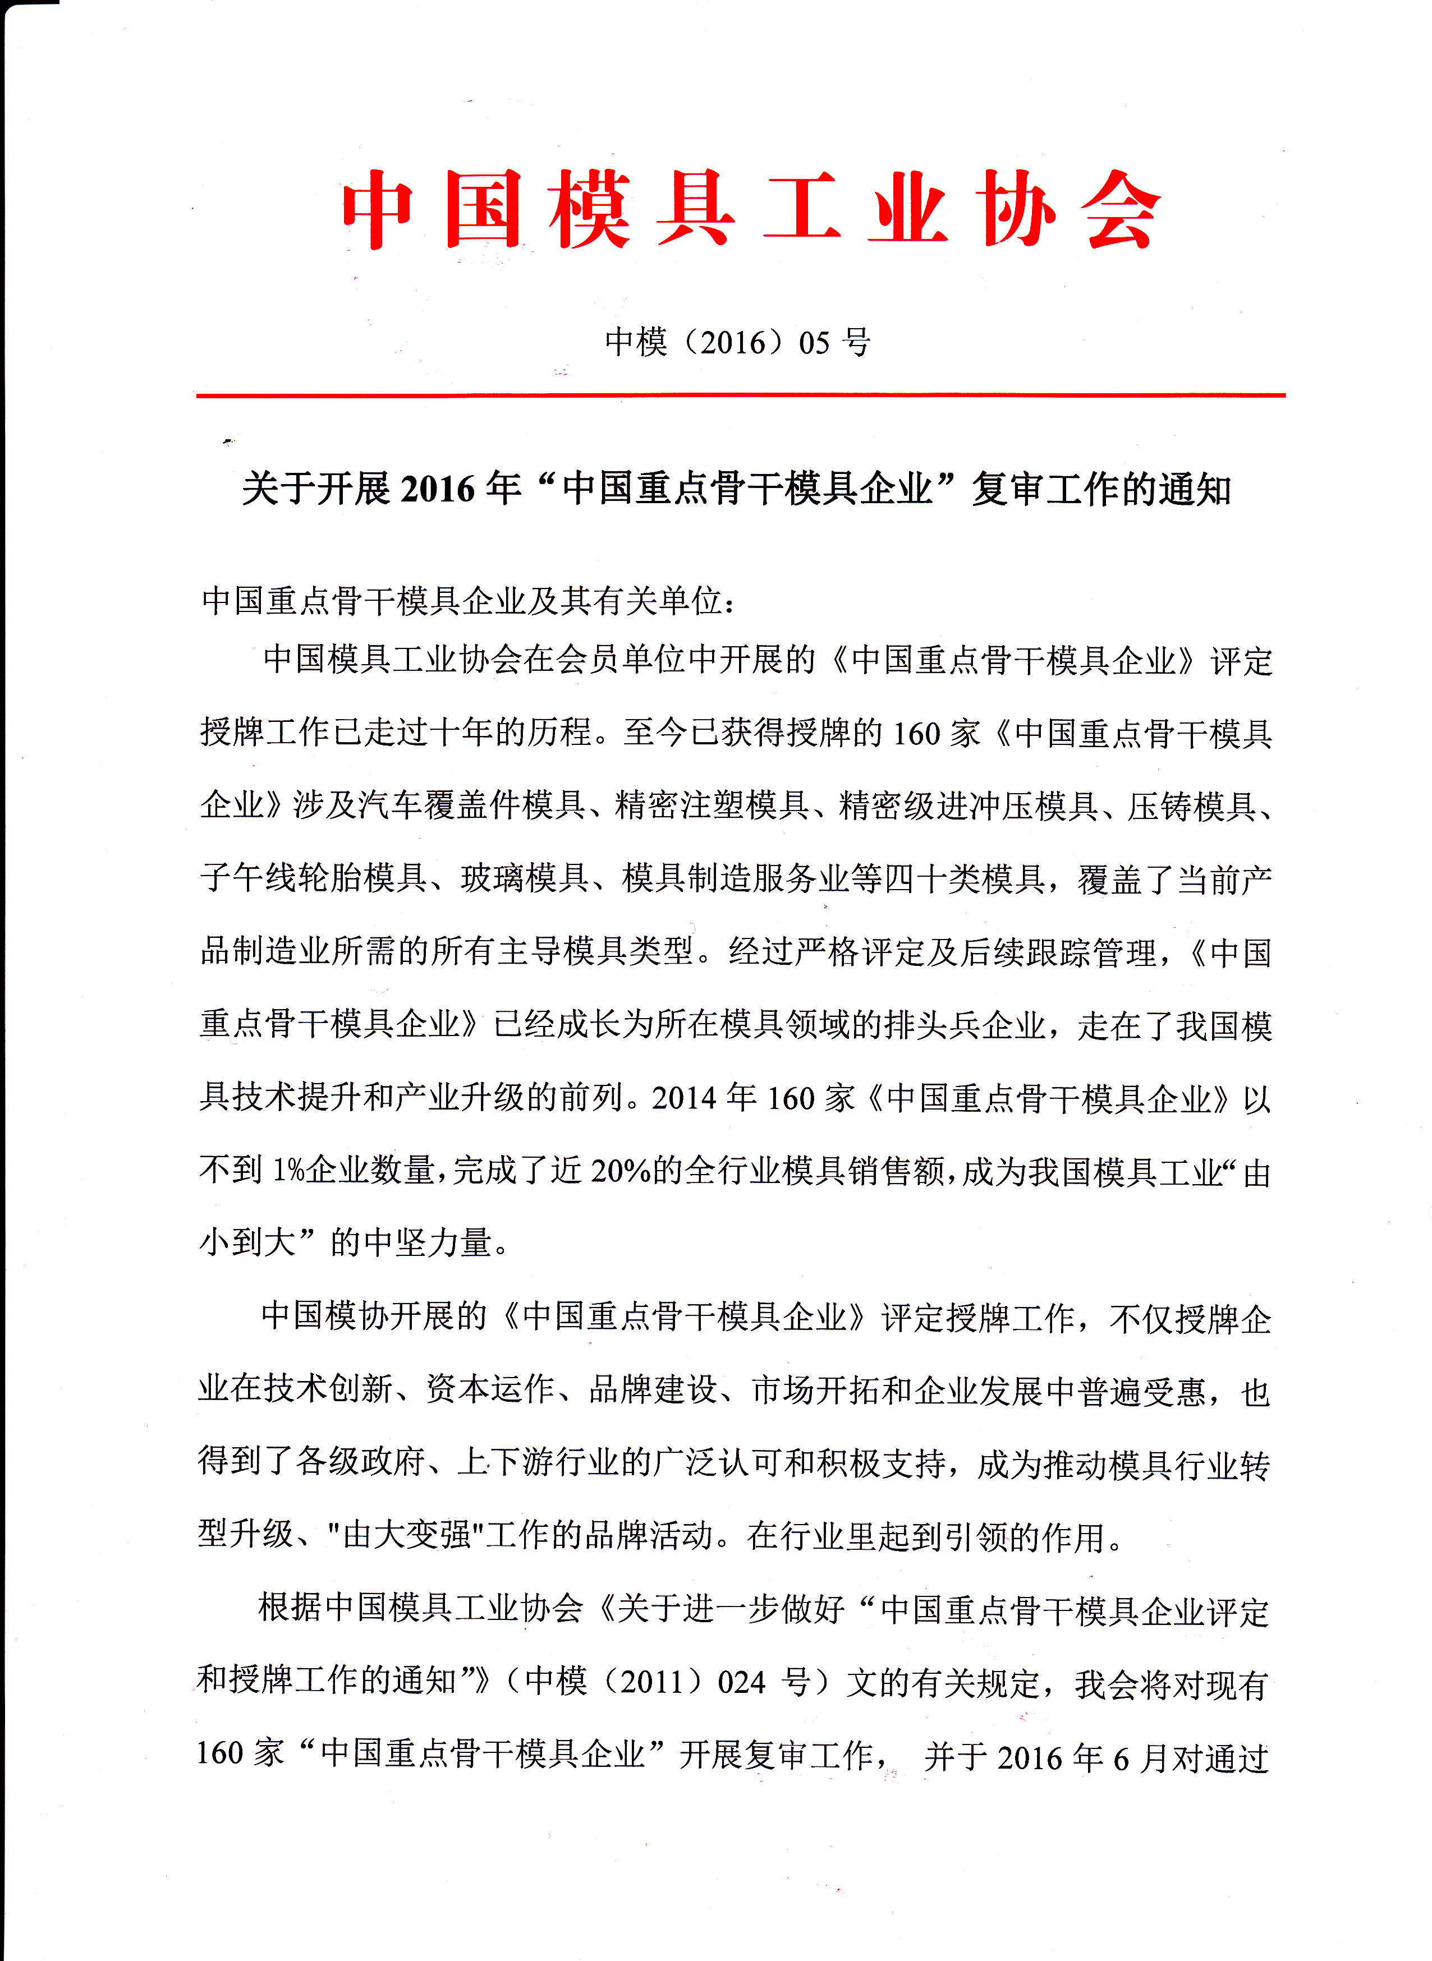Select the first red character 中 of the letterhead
click(x=378, y=210)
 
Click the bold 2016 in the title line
click(x=438, y=490)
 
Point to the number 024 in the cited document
click(x=742, y=1682)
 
